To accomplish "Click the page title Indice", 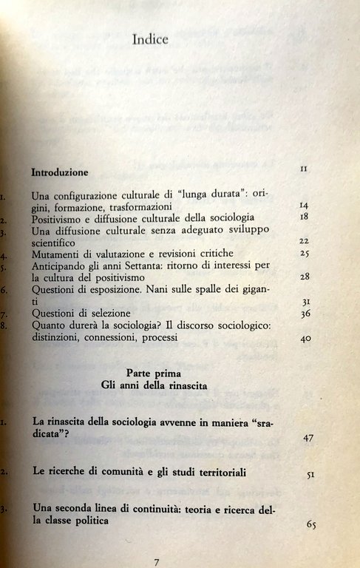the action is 150,39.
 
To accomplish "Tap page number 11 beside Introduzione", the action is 304,169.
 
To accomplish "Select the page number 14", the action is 304,205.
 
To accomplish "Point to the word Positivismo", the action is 61,218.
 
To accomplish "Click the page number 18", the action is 304,217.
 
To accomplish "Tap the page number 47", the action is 309,438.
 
